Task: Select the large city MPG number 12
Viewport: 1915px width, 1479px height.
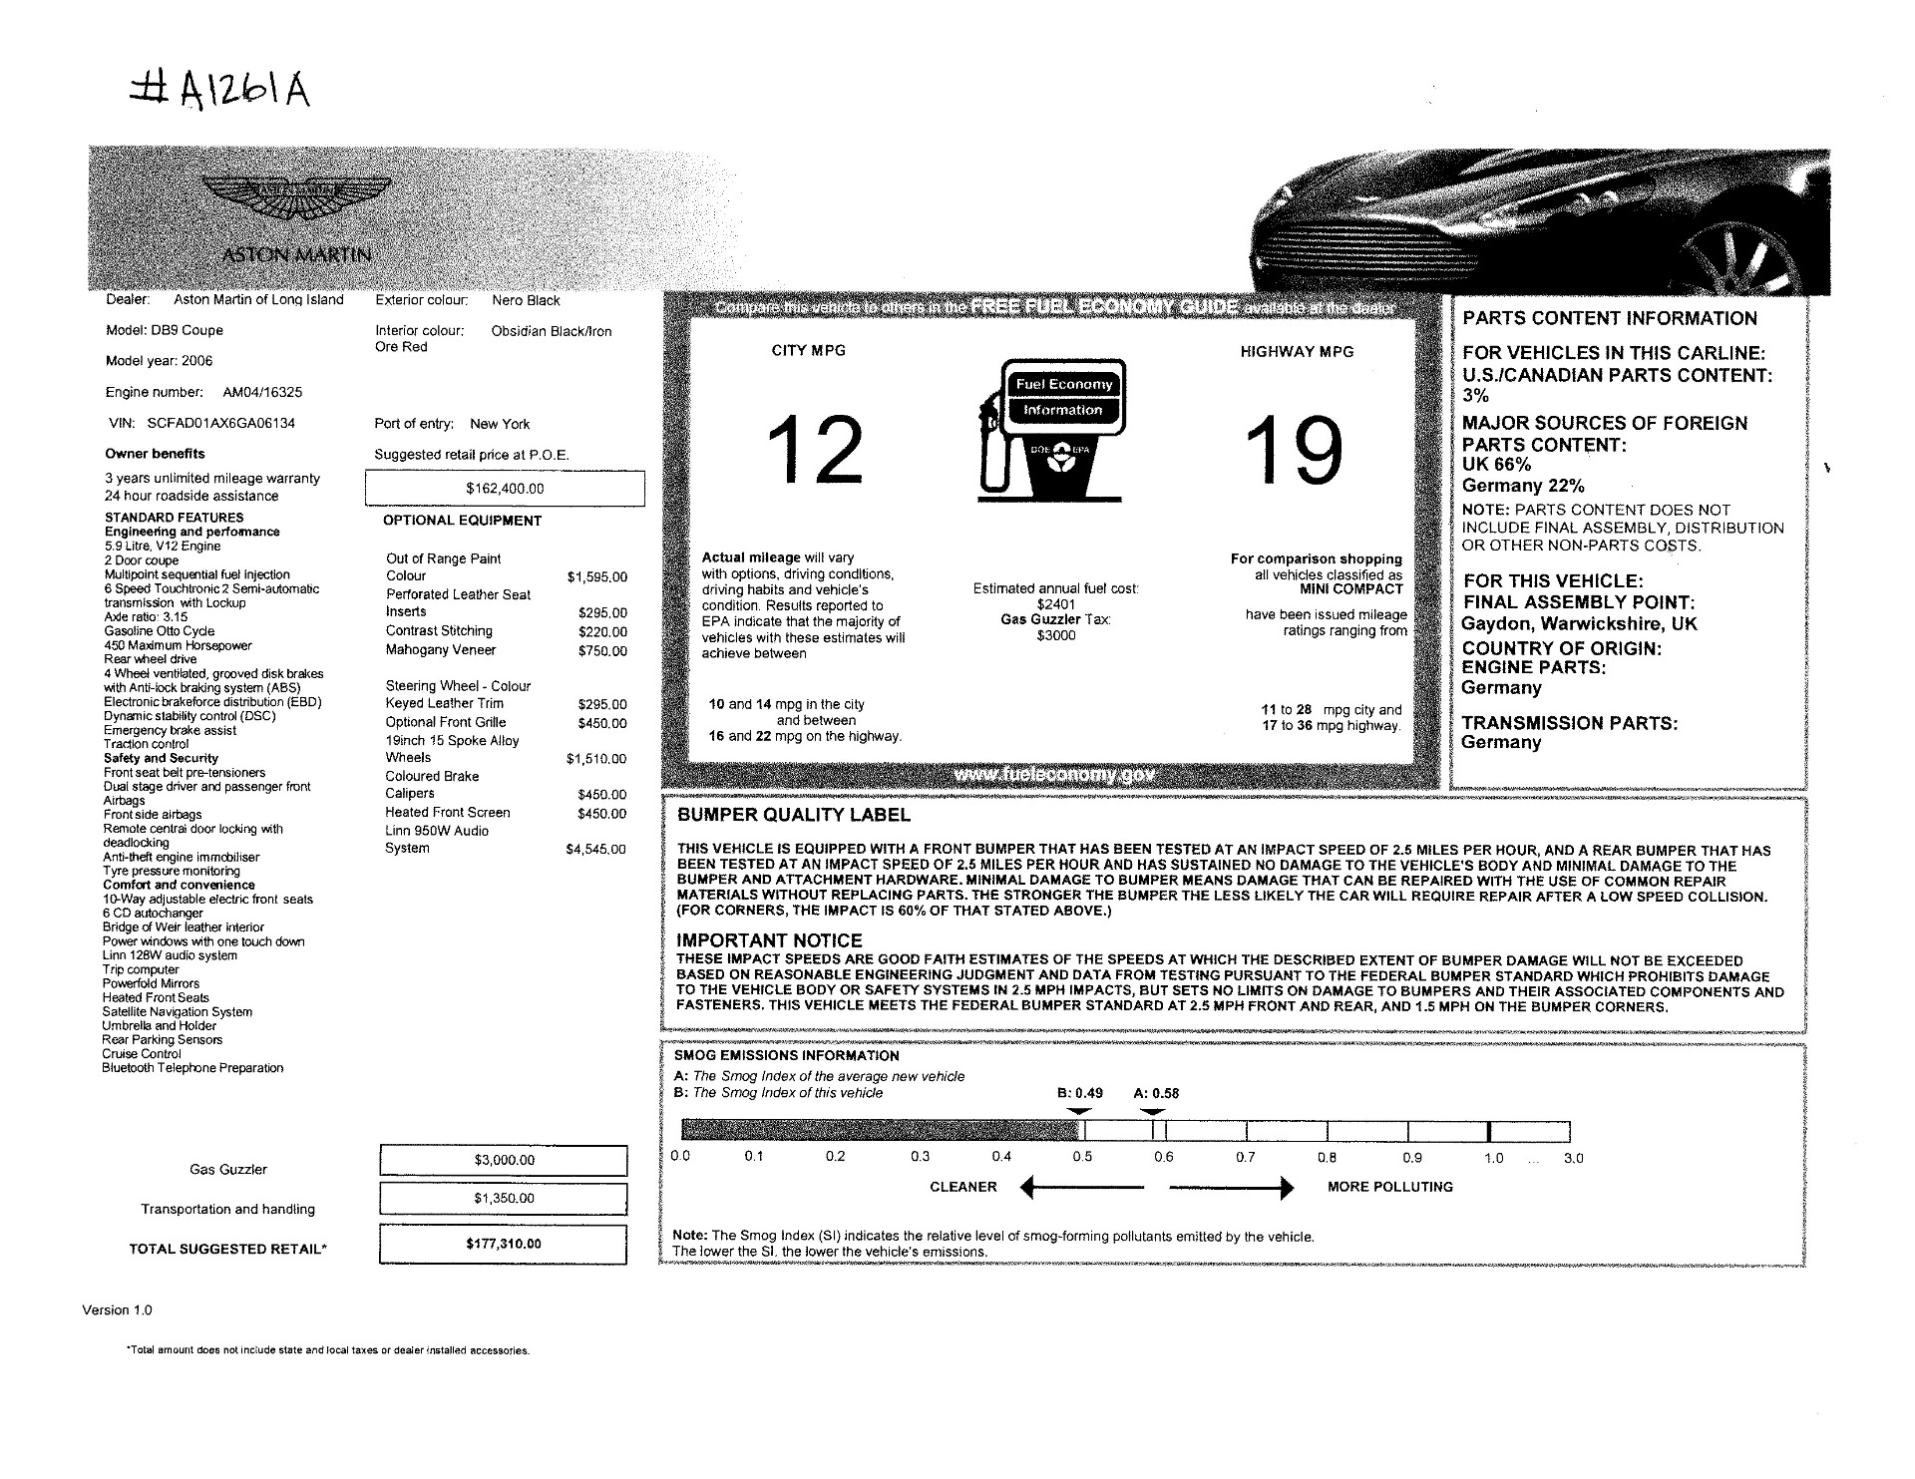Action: click(x=815, y=451)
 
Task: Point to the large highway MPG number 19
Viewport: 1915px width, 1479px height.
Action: click(x=1294, y=451)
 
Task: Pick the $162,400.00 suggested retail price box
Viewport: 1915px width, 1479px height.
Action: click(x=505, y=489)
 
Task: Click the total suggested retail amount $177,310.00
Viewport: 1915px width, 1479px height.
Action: click(x=504, y=1244)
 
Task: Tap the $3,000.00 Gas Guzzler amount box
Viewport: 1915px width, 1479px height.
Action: click(x=504, y=1160)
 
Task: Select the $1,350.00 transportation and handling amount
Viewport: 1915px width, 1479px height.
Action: click(x=504, y=1198)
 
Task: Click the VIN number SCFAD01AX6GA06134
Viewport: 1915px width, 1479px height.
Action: click(x=220, y=423)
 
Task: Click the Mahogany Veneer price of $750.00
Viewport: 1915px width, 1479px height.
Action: click(x=602, y=651)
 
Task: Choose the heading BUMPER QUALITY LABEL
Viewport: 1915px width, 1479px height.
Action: click(x=793, y=815)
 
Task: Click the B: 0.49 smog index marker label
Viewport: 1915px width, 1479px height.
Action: click(x=1079, y=1093)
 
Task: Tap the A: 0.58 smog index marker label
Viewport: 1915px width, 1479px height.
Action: click(x=1156, y=1093)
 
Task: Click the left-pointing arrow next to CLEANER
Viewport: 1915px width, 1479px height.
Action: click(x=1082, y=1187)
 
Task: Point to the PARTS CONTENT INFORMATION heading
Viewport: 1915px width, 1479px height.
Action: click(x=1609, y=318)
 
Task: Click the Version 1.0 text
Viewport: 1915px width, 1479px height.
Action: click(x=117, y=1309)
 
